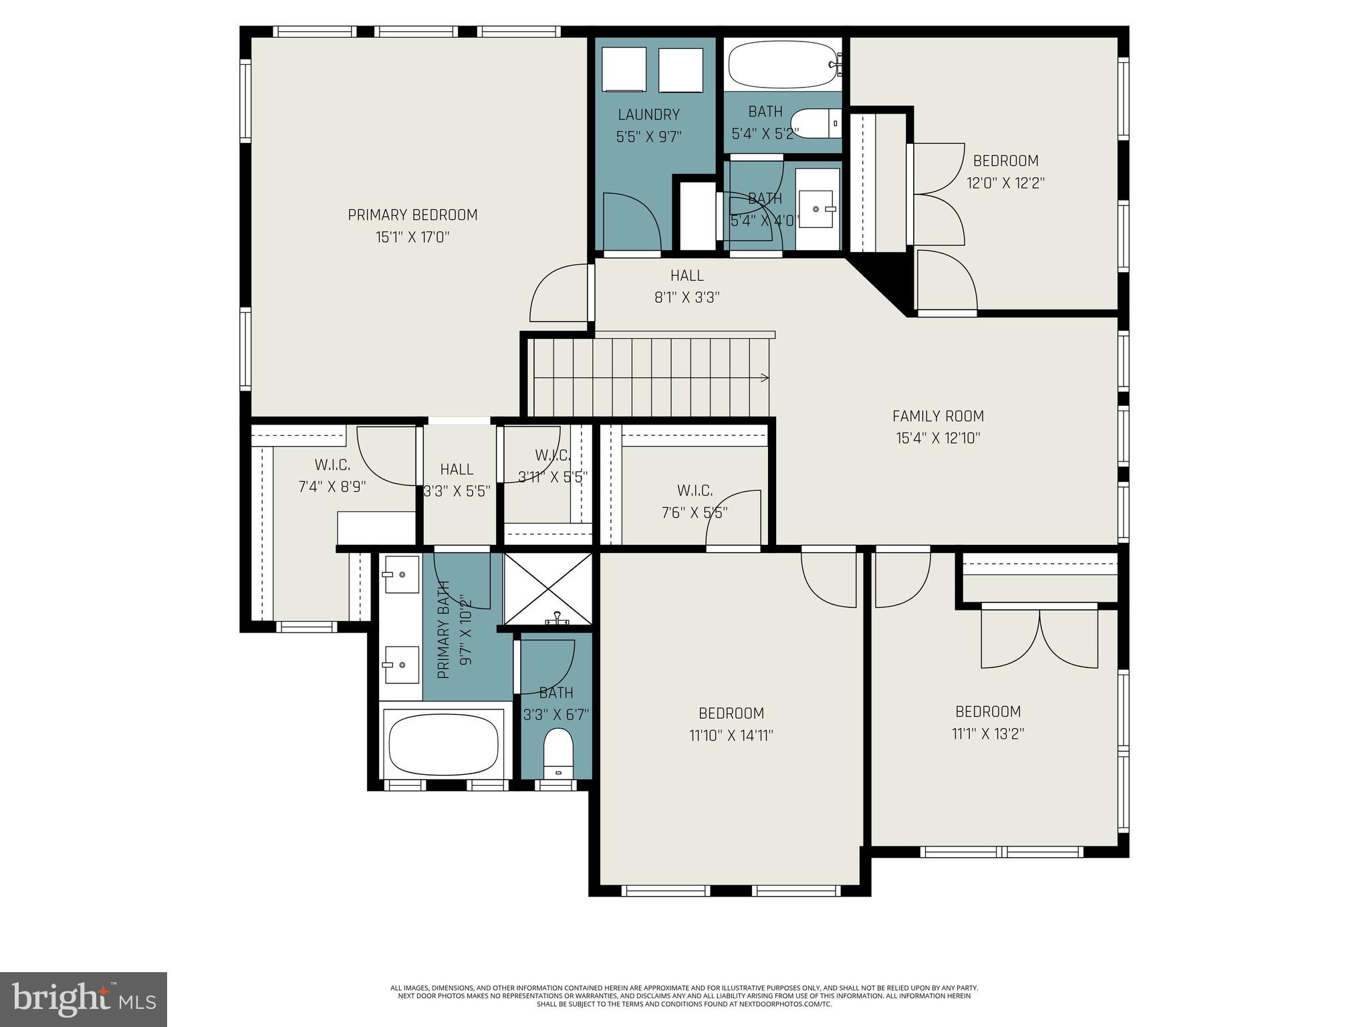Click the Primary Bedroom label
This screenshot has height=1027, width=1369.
click(x=412, y=215)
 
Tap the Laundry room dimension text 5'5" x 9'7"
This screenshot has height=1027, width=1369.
click(x=648, y=138)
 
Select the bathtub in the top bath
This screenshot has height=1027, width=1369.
click(x=782, y=65)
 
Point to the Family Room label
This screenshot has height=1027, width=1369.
click(x=938, y=417)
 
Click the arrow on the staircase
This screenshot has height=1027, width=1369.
click(x=763, y=378)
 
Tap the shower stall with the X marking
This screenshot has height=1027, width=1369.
click(x=547, y=588)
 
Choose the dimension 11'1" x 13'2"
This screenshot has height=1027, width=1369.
click(x=988, y=734)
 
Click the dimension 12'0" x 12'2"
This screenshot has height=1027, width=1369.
click(x=1005, y=183)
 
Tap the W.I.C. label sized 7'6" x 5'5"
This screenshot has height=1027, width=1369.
click(x=695, y=491)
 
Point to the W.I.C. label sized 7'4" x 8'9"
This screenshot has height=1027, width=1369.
click(x=332, y=465)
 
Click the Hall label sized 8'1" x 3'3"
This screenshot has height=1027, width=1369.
click(x=687, y=275)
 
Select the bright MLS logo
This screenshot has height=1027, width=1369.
click(x=84, y=999)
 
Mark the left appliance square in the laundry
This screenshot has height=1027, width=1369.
click(x=624, y=70)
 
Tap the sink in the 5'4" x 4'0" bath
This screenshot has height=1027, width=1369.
click(x=817, y=209)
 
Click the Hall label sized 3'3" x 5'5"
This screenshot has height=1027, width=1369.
click(x=457, y=469)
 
